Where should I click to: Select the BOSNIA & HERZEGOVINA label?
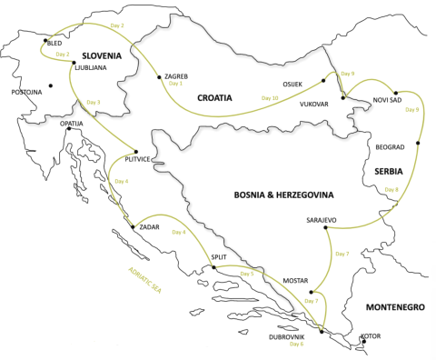[284, 195]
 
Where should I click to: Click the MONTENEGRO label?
[395, 308]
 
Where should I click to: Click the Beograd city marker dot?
[418, 143]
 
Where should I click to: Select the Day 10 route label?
[269, 97]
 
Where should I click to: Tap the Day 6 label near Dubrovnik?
[296, 345]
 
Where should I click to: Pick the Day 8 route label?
[391, 189]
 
